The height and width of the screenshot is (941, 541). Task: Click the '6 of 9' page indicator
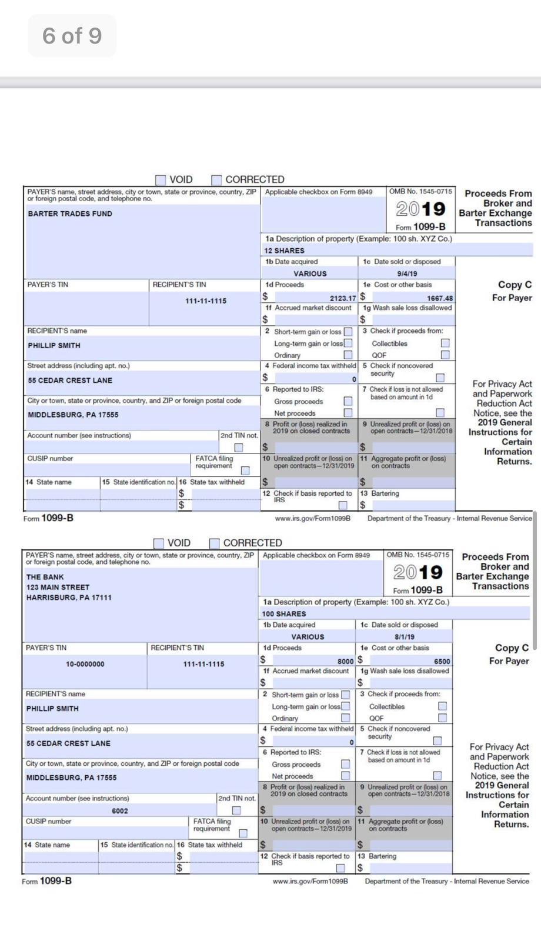72,36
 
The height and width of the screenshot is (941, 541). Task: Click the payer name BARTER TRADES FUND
69,213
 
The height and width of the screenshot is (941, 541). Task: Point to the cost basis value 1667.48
439,298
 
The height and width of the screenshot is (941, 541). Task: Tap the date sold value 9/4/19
407,273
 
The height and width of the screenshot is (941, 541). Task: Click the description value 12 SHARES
284,251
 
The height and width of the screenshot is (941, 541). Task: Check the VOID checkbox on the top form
161,179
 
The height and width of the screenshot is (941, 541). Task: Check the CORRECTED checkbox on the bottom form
215,543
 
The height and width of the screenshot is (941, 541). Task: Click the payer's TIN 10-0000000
85,664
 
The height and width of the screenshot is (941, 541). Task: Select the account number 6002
119,810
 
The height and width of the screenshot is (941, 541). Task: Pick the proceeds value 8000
345,661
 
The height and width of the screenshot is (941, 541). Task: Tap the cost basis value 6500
442,661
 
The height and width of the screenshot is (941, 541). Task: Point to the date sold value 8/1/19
404,637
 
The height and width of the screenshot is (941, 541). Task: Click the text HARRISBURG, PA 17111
68,598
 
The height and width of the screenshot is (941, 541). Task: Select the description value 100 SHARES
283,613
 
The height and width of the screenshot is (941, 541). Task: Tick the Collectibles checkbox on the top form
445,343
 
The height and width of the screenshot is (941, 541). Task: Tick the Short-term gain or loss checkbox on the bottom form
345,695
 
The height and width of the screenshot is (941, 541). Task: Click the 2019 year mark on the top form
420,209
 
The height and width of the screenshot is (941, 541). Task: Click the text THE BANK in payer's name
45,577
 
